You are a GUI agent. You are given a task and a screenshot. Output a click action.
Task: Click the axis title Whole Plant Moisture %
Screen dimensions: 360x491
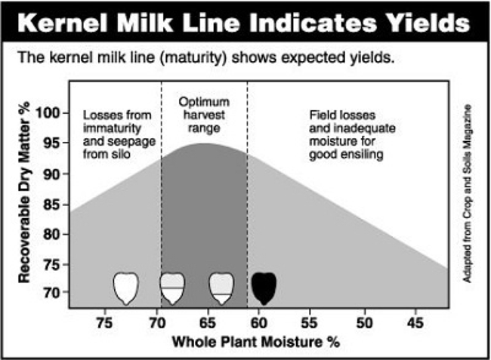(256, 341)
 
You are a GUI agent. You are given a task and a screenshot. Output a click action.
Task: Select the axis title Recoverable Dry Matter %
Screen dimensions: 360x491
(25, 194)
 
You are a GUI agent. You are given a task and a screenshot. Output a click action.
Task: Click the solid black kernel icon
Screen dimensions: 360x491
(264, 288)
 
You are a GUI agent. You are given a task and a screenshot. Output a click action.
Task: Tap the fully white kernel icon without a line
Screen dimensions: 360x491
(126, 288)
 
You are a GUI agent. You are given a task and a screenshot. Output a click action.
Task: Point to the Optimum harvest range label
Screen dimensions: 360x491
(204, 113)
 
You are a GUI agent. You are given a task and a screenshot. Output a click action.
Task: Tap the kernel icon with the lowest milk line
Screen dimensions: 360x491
(221, 288)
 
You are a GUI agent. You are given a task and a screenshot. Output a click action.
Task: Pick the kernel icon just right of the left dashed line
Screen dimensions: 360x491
(172, 288)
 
